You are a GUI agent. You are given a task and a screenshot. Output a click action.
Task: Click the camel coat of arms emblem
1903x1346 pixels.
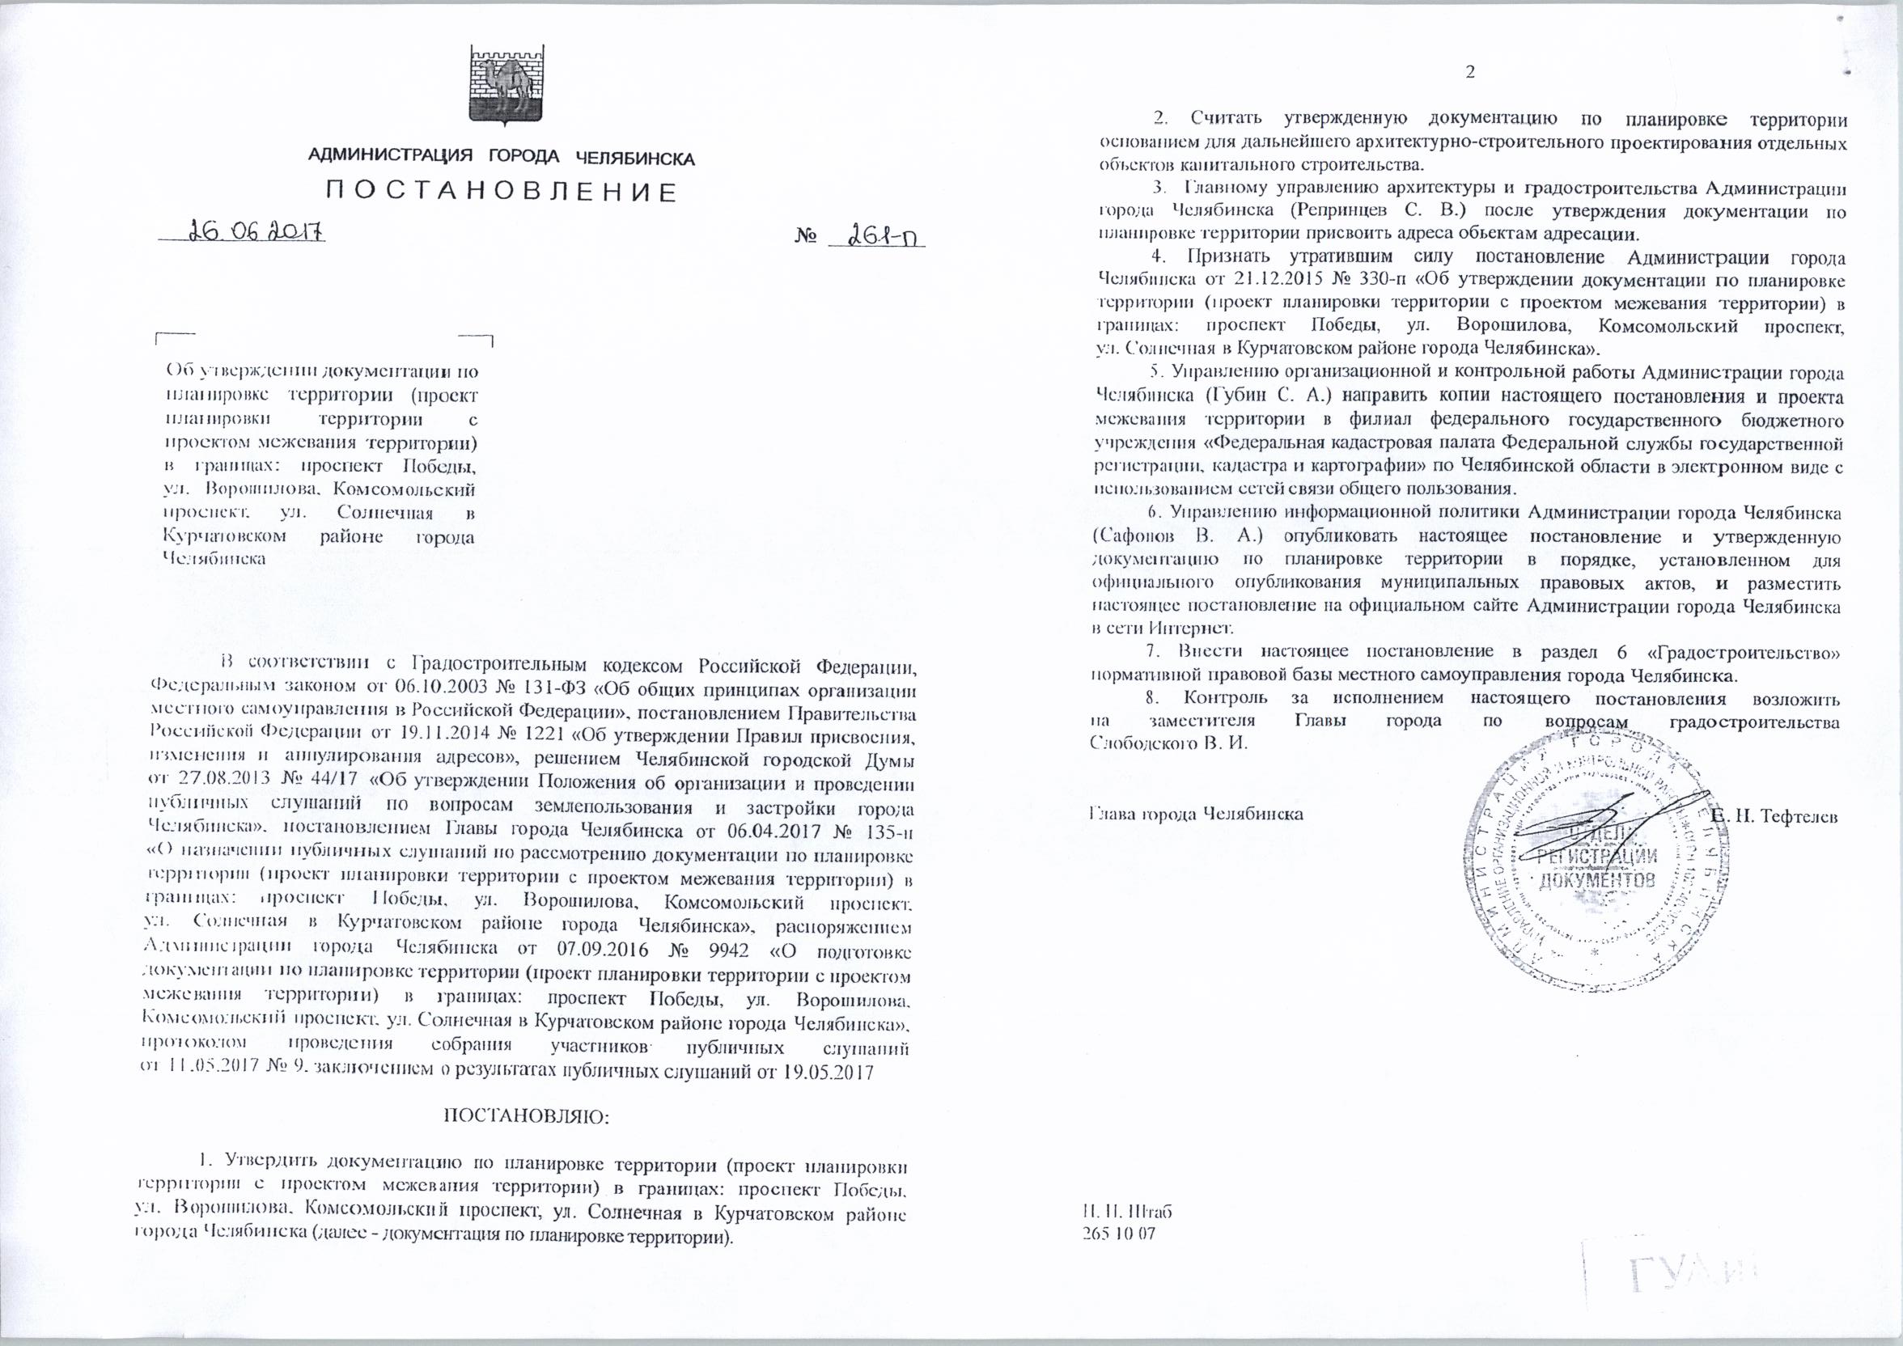[502, 86]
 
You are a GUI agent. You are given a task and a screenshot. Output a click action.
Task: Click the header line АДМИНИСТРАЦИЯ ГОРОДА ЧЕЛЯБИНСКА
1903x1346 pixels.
[502, 158]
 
